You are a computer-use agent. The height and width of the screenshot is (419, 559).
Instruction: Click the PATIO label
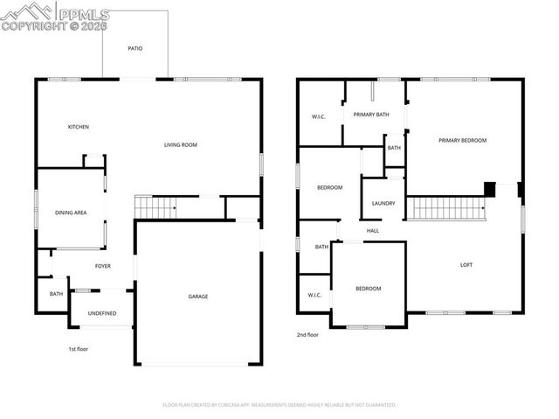coord(135,49)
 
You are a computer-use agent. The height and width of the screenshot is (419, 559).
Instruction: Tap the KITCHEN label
coord(79,127)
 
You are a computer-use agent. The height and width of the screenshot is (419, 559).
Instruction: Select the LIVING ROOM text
coord(181,144)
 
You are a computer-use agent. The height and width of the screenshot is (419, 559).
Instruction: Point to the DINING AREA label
coord(71,213)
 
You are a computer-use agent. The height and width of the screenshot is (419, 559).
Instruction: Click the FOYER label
coord(103,265)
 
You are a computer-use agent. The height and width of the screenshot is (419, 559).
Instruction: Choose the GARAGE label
coord(198,297)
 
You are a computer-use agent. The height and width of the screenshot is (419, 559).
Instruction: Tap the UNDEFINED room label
coord(101,312)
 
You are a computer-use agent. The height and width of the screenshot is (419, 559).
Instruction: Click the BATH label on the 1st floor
coord(56,294)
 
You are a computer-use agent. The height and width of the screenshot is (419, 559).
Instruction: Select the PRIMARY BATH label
coord(371,115)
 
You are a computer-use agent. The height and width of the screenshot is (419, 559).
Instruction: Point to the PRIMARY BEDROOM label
coord(462,140)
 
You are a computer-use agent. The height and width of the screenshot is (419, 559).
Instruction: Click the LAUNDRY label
coord(383,204)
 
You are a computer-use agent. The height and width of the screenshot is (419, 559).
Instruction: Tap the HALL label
coord(373,231)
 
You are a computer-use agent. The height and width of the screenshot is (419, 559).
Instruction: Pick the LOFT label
coord(466,265)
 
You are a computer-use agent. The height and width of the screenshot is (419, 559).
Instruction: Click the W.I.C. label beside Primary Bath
coord(319,117)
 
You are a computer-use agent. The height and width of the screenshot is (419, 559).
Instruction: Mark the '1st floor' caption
coord(79,349)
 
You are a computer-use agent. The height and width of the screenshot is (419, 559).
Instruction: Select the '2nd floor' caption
coord(307,334)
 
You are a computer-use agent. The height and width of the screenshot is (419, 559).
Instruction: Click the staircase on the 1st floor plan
coord(155,207)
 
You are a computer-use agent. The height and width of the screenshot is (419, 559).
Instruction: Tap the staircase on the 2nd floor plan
coord(447,208)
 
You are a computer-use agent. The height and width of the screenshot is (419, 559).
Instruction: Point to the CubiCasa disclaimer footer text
coord(279,405)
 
